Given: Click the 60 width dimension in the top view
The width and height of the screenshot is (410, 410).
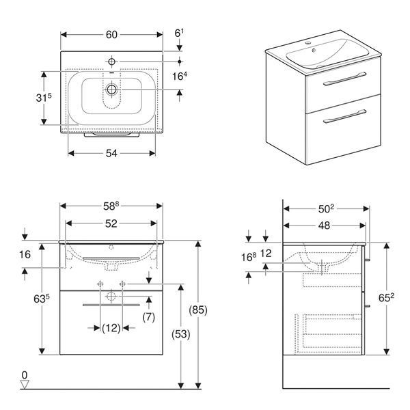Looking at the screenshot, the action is pyautogui.click(x=111, y=35).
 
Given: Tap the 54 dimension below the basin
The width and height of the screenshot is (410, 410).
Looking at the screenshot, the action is pyautogui.click(x=111, y=154).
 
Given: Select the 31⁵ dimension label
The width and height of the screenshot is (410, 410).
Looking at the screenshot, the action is pyautogui.click(x=44, y=98).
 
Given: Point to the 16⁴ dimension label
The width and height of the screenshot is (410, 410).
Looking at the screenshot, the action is pyautogui.click(x=180, y=76).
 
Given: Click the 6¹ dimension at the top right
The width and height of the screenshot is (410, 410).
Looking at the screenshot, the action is pyautogui.click(x=179, y=33).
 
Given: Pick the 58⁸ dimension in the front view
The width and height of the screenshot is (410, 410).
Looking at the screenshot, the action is pyautogui.click(x=111, y=206).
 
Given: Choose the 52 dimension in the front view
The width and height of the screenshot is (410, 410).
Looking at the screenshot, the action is pyautogui.click(x=111, y=223).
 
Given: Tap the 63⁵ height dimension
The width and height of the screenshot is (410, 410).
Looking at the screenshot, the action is pyautogui.click(x=42, y=299).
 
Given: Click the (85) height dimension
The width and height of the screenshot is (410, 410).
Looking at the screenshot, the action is pyautogui.click(x=198, y=310).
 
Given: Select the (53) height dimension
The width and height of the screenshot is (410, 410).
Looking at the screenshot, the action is pyautogui.click(x=180, y=334).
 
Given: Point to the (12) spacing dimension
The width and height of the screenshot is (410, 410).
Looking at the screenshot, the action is pyautogui.click(x=111, y=327).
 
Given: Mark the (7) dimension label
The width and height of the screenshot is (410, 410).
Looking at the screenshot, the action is pyautogui.click(x=149, y=317).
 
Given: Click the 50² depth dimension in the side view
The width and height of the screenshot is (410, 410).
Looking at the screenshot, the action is pyautogui.click(x=326, y=208).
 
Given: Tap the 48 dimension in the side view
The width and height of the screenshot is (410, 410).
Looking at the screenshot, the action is pyautogui.click(x=324, y=225).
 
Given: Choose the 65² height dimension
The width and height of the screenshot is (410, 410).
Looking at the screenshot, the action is pyautogui.click(x=386, y=297).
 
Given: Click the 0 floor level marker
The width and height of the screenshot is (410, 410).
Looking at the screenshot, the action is pyautogui.click(x=25, y=375).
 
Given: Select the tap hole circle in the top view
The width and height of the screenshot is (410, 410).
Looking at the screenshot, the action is pyautogui.click(x=111, y=61).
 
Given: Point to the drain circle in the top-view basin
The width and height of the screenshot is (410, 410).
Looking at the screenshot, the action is pyautogui.click(x=111, y=90).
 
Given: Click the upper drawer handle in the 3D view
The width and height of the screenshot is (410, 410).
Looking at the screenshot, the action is pyautogui.click(x=344, y=79).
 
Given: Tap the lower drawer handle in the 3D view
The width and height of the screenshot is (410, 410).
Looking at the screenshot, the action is pyautogui.click(x=344, y=116).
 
